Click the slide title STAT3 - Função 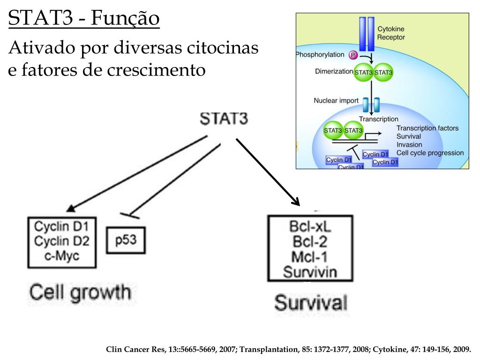[x=84, y=19]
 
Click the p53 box [x=125, y=240]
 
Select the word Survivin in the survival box [x=310, y=271]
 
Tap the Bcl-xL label [x=310, y=226]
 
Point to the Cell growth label [x=80, y=292]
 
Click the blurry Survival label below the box [x=311, y=302]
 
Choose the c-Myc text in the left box [x=61, y=256]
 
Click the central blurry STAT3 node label [x=224, y=118]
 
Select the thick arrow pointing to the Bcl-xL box [x=267, y=172]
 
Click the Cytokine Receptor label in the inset [x=391, y=33]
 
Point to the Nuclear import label [x=336, y=101]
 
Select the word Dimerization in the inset [x=334, y=72]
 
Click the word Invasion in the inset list [x=409, y=145]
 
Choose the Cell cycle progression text [x=430, y=153]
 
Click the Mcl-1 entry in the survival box [x=310, y=256]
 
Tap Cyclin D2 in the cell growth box [x=61, y=241]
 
